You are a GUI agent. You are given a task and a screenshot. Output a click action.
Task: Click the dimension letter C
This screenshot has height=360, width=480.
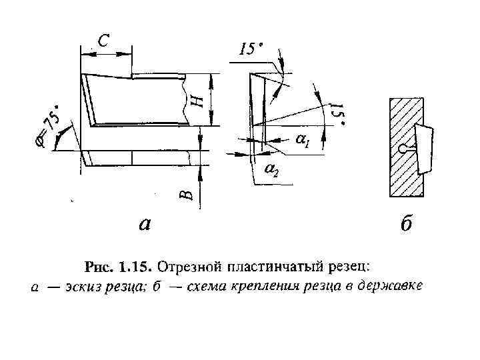[104, 41]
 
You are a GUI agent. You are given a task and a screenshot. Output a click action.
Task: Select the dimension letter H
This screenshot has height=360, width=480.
[197, 101]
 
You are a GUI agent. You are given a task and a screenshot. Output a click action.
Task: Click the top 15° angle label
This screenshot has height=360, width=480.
[250, 50]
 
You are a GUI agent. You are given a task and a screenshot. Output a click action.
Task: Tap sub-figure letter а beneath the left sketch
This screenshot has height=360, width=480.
[143, 224]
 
